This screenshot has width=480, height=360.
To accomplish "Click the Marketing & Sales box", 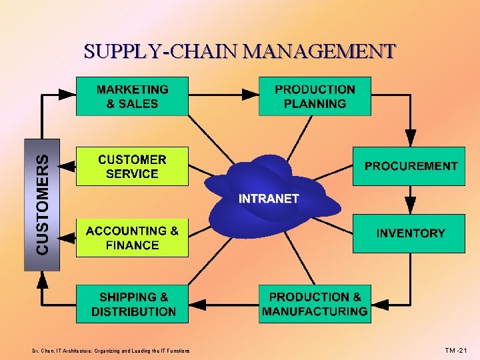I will click(x=132, y=97).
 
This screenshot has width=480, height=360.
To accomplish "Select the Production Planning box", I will click(x=315, y=97).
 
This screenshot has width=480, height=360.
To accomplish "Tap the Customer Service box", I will click(x=132, y=167).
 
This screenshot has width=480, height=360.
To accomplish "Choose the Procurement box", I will click(x=409, y=166).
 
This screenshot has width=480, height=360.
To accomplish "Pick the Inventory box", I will click(x=409, y=233).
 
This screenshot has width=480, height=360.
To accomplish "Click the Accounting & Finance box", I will click(x=132, y=238).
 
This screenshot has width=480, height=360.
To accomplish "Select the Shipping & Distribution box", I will click(x=132, y=305).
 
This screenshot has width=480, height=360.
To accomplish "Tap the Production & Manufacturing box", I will click(x=315, y=305).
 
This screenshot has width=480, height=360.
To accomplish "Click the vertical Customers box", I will click(x=42, y=204).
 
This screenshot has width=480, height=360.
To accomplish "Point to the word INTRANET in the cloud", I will click(x=269, y=199).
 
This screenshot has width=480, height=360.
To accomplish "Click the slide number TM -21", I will click(x=457, y=350).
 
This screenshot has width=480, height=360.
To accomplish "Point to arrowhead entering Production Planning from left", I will click(x=251, y=94).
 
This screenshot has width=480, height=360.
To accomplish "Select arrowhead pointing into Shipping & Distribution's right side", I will click(x=197, y=305).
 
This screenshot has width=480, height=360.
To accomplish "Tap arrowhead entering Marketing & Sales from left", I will click(x=68, y=94).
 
